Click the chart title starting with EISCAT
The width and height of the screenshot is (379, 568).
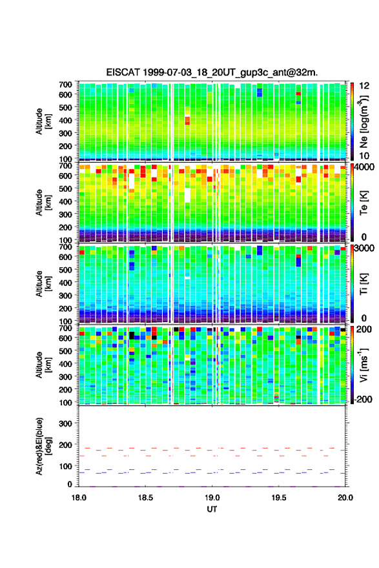212,72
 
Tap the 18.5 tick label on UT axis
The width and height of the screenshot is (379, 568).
145,498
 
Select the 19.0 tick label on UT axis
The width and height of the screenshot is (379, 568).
212,498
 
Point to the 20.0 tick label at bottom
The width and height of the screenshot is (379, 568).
345,498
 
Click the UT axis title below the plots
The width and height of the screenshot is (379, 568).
212,509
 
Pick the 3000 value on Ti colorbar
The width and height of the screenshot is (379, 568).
365,248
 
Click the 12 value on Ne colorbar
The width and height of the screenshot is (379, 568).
364,86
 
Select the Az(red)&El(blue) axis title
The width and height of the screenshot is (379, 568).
43,446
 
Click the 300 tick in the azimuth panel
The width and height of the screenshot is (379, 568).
65,423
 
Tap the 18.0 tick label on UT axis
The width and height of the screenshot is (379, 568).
79,498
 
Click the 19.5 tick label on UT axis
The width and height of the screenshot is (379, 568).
279,498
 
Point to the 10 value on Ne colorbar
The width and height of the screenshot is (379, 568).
364,156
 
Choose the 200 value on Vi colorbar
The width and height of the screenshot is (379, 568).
364,329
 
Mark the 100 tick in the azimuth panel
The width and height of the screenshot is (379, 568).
65,466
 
